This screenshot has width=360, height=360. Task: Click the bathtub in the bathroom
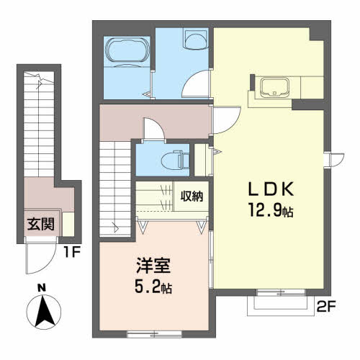127,53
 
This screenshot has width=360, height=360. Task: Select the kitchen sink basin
275,86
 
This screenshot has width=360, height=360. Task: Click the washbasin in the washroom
196,40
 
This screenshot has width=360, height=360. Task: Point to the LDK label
271,189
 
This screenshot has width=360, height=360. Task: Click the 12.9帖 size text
271,210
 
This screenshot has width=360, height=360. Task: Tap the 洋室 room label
153,266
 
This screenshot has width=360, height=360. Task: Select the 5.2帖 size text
153,287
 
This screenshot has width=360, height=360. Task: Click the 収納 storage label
192,197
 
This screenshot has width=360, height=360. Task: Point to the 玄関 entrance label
41,225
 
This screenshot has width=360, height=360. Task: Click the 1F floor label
72,252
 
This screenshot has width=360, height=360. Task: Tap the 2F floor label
325,307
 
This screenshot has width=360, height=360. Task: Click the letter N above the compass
42,288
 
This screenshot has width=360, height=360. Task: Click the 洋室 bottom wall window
154,334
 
